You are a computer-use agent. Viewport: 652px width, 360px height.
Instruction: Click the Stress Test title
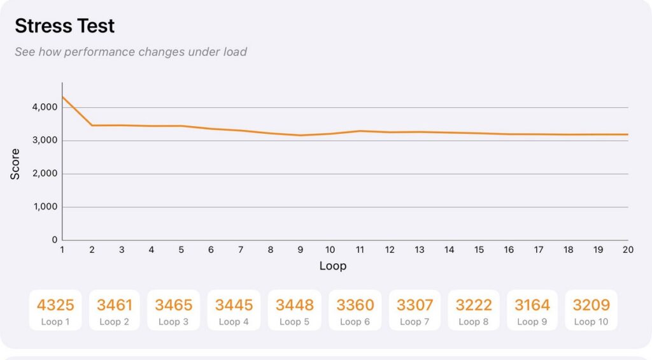[65, 26]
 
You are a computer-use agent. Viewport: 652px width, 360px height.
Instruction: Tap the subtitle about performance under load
[131, 52]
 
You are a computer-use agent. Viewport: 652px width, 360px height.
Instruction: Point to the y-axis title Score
[15, 164]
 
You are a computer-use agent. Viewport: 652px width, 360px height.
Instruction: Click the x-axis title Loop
[332, 266]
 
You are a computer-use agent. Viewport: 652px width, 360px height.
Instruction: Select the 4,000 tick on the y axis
[45, 108]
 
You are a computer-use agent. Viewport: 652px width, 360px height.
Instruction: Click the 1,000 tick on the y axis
[45, 207]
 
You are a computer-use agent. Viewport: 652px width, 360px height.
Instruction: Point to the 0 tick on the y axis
[55, 240]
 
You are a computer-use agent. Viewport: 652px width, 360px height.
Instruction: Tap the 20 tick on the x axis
[628, 250]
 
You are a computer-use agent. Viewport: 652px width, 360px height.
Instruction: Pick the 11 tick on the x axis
[360, 250]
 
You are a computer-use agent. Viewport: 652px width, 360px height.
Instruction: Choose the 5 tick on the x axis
[181, 250]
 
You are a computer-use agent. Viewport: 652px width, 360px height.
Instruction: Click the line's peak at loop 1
[62, 97]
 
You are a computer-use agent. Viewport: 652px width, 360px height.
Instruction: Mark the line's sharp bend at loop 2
[92, 126]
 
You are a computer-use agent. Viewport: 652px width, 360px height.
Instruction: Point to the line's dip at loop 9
[301, 135]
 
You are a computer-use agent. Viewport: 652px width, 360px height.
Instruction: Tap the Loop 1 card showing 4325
[55, 310]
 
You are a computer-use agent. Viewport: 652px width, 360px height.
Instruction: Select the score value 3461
[115, 305]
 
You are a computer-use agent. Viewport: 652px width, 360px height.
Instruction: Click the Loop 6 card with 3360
[355, 310]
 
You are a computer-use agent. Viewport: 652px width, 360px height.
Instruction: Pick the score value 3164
[532, 305]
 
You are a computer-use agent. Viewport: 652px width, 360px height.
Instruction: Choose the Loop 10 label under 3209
[591, 322]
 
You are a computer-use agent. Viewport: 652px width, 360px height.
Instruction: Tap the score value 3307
[415, 305]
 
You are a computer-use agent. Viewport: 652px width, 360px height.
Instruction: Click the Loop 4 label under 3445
[234, 322]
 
